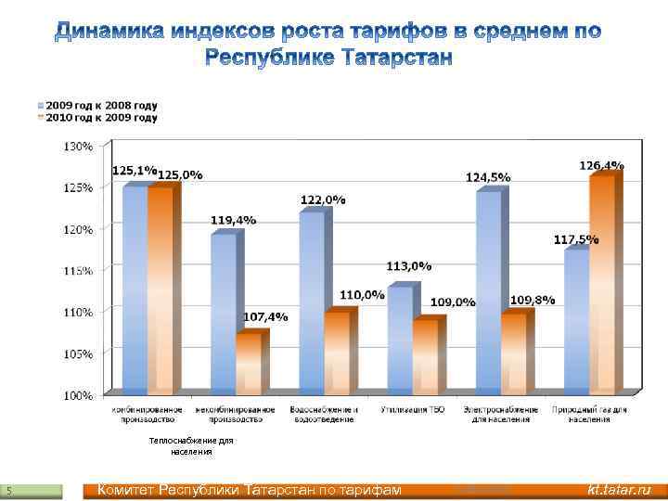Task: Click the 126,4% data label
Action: point(601,165)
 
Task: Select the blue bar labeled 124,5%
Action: point(489,292)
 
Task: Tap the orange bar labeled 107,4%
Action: point(249,364)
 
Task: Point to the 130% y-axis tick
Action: point(77,147)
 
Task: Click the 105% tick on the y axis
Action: point(77,353)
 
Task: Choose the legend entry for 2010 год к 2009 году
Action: point(97,118)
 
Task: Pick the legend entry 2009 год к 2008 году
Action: point(97,105)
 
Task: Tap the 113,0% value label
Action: point(409,266)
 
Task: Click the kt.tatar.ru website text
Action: point(619,490)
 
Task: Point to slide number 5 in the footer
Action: point(8,490)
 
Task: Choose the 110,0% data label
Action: point(362,295)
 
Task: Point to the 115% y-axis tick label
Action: point(77,270)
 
